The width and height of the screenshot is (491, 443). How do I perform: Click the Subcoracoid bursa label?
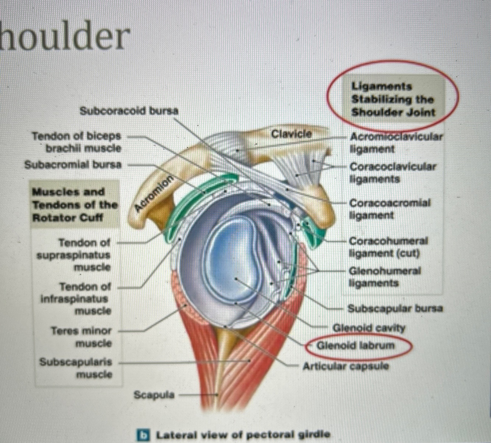(129, 110)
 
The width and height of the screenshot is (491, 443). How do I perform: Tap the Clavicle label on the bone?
(291, 134)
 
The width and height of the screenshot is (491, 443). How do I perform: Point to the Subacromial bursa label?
(73, 164)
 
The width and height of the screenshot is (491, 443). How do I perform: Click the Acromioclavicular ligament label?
(396, 143)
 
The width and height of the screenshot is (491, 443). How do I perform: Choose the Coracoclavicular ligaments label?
(392, 173)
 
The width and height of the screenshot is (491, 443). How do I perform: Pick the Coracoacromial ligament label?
(389, 209)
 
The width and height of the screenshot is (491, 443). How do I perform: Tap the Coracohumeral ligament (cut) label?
(388, 247)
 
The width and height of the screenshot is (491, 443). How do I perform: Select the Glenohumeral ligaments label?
(385, 277)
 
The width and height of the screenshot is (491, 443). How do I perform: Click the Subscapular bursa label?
(395, 308)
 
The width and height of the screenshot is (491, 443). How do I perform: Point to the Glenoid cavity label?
(368, 327)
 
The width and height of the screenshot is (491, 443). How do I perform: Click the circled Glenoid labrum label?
(356, 345)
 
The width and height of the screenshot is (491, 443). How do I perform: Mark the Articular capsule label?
(346, 366)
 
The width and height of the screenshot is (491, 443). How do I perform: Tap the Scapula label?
(154, 395)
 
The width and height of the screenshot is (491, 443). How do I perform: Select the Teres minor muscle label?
(81, 337)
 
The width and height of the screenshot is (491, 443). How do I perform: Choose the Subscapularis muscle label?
(75, 368)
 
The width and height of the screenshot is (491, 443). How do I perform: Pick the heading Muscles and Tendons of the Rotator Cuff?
(75, 205)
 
